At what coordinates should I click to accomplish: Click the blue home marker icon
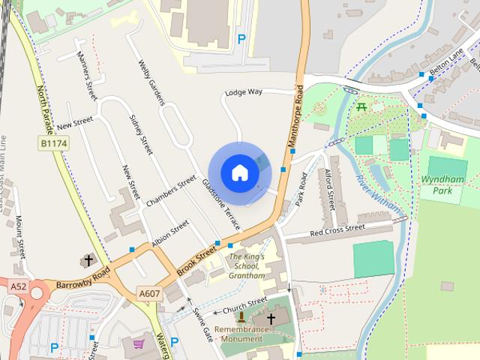[x=239, y=173]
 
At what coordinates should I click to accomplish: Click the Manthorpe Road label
[x=294, y=119]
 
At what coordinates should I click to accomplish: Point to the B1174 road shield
[x=52, y=142]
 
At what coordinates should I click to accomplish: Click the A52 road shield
[x=18, y=286]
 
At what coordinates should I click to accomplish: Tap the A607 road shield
[x=148, y=293]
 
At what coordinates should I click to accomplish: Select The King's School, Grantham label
[x=247, y=266]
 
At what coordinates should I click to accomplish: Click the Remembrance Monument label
[x=241, y=334]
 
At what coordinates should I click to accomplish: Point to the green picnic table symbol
[x=363, y=106]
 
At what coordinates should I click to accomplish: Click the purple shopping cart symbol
[x=139, y=344]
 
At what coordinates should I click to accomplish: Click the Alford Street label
[x=328, y=187]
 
